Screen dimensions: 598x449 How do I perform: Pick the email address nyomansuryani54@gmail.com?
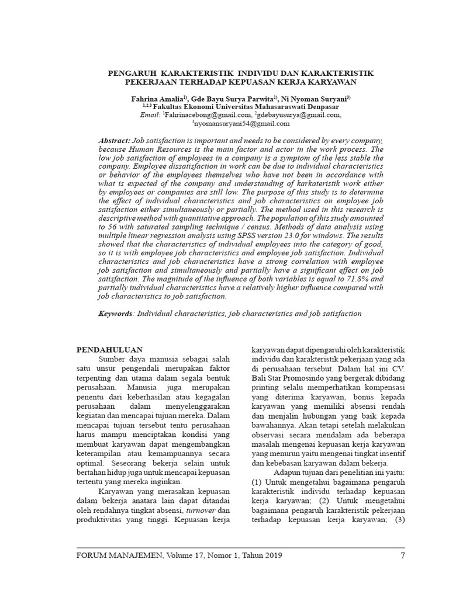pyautogui.click(x=241, y=123)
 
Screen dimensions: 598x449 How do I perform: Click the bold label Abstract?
pyautogui.click(x=115, y=142)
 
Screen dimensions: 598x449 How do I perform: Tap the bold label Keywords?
pyautogui.click(x=116, y=314)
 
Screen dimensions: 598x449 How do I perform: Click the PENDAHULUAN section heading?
pyautogui.click(x=110, y=350)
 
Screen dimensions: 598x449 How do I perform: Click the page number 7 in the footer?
pyautogui.click(x=402, y=555)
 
